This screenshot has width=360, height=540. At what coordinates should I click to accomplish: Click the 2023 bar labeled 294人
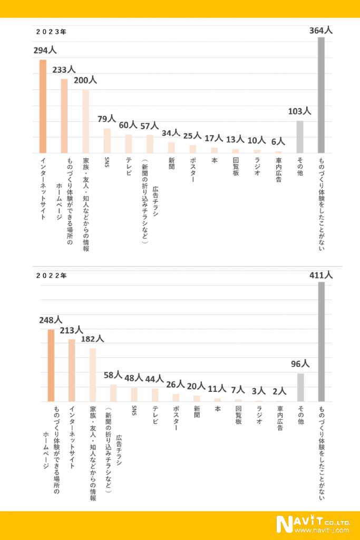tap(43, 106)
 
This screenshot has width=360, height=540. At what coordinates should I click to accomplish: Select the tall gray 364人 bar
tap(321, 95)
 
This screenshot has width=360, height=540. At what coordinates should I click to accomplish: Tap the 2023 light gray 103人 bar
tap(299, 137)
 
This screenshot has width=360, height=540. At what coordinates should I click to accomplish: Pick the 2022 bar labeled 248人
tap(51, 365)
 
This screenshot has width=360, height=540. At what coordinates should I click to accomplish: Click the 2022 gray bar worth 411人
tap(321, 342)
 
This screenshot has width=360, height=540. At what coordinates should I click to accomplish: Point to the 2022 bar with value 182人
tap(92, 375)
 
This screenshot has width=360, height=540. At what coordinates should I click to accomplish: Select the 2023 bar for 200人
tap(85, 121)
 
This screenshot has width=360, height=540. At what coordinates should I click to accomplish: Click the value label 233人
tap(64, 70)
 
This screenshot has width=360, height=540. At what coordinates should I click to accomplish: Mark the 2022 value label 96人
tap(300, 364)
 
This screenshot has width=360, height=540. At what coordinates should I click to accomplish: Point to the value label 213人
tap(72, 330)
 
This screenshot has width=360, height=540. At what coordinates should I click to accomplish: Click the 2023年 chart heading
tap(51, 32)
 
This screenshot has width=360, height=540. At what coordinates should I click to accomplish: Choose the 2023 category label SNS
tap(107, 161)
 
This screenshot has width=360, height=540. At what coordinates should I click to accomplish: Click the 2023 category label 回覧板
tap(236, 167)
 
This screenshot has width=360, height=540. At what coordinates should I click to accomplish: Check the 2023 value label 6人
tap(278, 141)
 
